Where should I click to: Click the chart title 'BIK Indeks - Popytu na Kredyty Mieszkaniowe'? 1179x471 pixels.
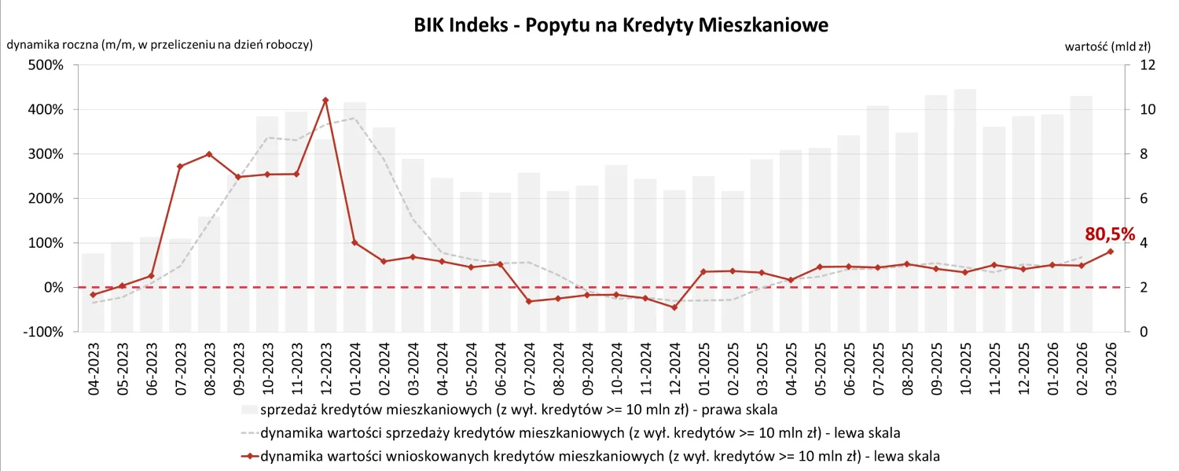coord(621,25)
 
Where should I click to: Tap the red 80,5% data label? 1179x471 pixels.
coord(1111,234)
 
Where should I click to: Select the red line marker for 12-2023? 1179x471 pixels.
coord(325,101)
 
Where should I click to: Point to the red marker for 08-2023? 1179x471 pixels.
coord(209,154)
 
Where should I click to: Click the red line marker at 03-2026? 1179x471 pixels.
coord(1111,252)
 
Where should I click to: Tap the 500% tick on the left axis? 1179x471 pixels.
coord(46,65)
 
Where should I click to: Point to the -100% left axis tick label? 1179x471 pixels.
coord(43,333)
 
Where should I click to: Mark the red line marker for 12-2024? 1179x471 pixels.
coord(674,307)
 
